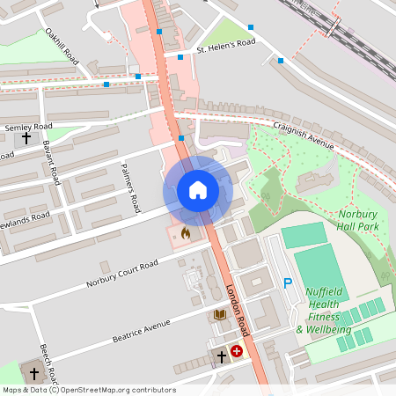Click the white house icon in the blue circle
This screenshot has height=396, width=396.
pos(198,190)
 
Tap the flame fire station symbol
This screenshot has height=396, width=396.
pos(185,233)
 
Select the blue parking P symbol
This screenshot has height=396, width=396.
pos(287,283)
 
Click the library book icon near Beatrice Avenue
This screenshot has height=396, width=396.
pos(219,314)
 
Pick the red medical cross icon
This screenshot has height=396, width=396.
pos(237,350)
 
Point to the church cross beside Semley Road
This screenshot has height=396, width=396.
pos(26,138)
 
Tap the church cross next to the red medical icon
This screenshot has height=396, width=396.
pos(222,356)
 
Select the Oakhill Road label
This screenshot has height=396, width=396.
pos(62,46)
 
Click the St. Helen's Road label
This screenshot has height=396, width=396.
pos(225,46)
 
